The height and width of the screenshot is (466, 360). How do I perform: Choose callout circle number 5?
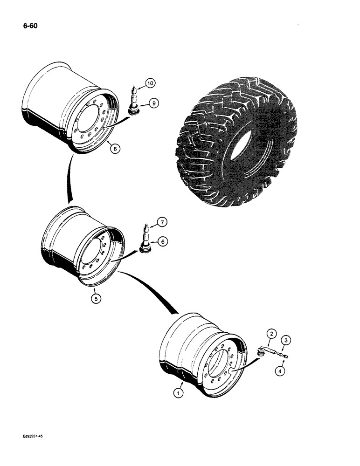pyautogui.click(x=96, y=299)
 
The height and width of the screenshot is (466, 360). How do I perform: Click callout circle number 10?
pyautogui.click(x=150, y=83)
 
